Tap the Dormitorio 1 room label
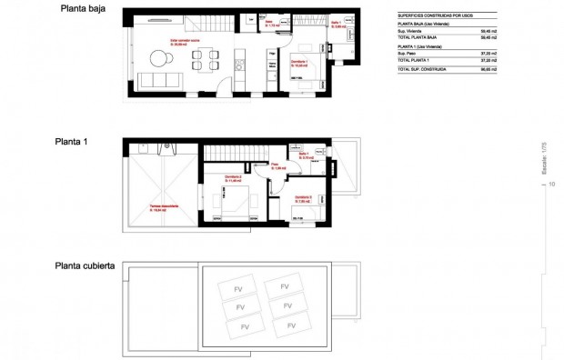click(299, 64)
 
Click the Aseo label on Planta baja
click(269, 25)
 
